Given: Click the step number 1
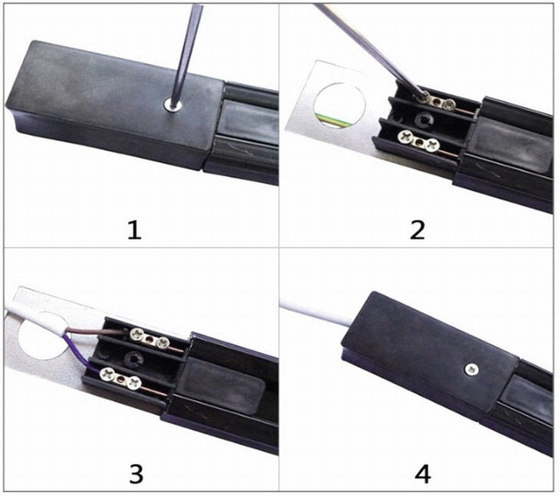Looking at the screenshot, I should (135, 228).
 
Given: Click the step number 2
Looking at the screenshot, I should (417, 228).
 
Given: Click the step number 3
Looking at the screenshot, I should (135, 473).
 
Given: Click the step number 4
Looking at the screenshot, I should (422, 473).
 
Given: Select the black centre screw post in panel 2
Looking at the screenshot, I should (422, 119).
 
